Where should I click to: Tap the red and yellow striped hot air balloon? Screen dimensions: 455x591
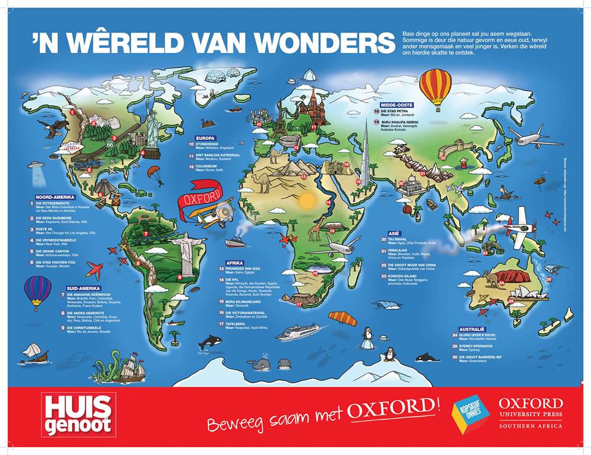[435, 87]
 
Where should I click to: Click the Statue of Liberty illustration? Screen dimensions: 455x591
[150, 129]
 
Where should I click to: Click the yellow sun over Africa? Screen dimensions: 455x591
[306, 201]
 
